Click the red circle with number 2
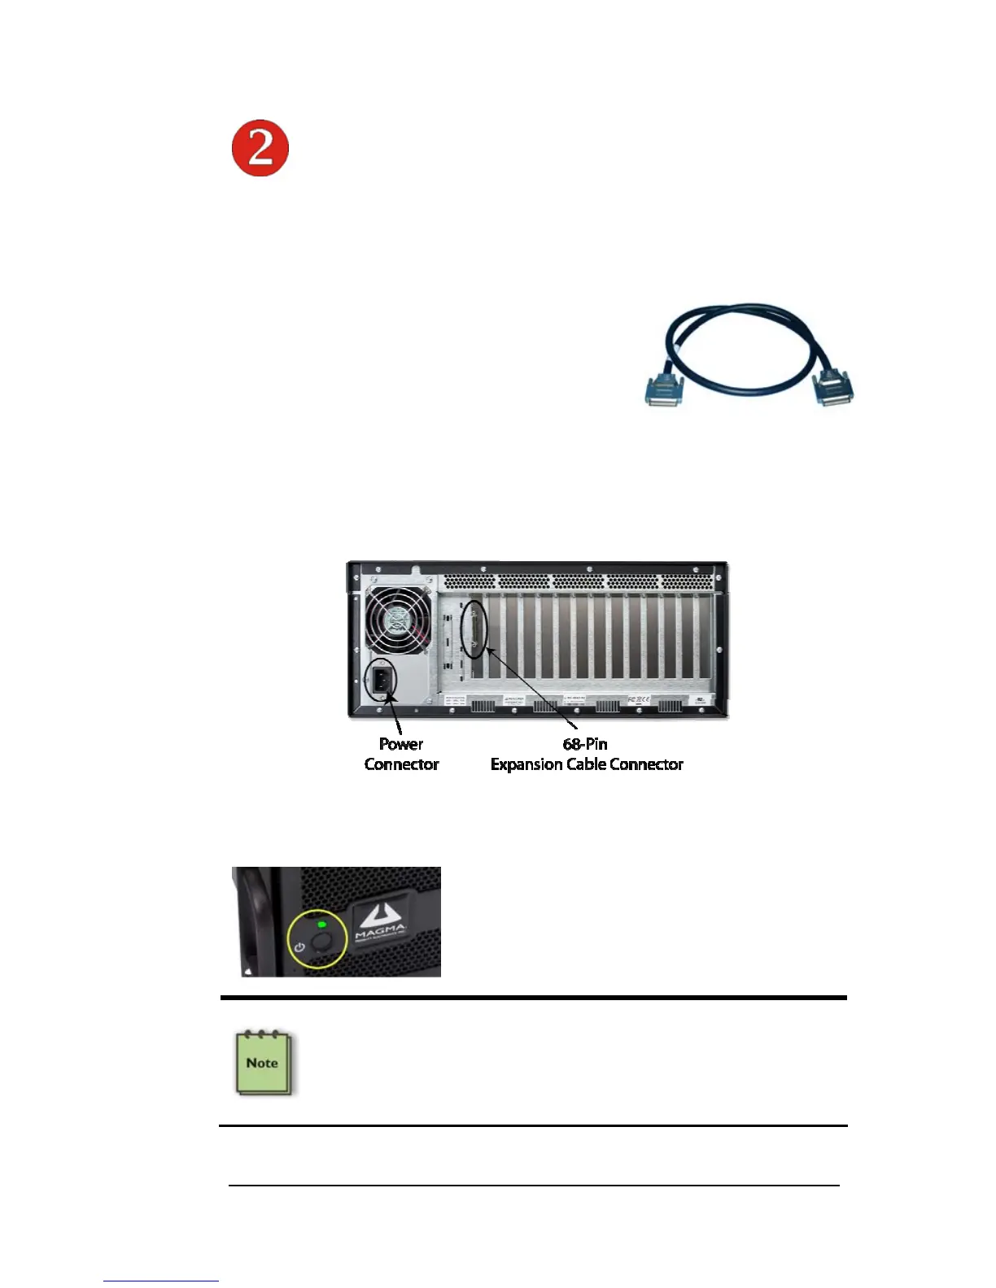click(x=260, y=148)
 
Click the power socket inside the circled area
click(x=381, y=681)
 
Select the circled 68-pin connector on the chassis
click(x=474, y=628)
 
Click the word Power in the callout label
click(x=401, y=744)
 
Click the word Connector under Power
click(x=401, y=764)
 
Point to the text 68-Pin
click(x=585, y=744)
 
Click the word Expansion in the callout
click(x=526, y=764)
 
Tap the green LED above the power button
click(x=321, y=925)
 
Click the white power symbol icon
click(x=300, y=947)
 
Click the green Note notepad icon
click(x=263, y=1064)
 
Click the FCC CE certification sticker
click(x=638, y=699)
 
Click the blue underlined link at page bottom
click(x=161, y=1281)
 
